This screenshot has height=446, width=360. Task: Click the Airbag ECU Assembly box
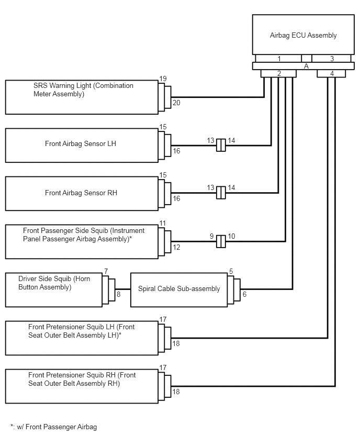[x=303, y=35]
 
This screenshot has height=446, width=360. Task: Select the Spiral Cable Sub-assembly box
[x=179, y=290]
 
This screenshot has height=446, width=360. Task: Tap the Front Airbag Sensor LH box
[x=82, y=146]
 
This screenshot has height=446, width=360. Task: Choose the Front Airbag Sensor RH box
[x=82, y=193]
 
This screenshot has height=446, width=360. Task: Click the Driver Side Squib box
[x=54, y=290]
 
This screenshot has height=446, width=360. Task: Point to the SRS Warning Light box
[x=82, y=97]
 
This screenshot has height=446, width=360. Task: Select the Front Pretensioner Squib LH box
[x=82, y=338]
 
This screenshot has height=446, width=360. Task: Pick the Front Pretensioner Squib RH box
[x=82, y=386]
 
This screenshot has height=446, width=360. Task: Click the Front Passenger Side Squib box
[x=82, y=242]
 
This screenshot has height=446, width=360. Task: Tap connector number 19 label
[x=163, y=79]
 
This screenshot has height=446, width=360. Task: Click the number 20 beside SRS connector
[x=176, y=103]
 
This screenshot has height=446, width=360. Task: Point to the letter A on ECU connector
[x=306, y=66]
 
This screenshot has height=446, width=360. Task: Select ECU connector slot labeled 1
[x=278, y=58]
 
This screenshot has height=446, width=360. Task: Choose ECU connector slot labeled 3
[x=331, y=58]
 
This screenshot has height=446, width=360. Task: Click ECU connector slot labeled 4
[x=331, y=73]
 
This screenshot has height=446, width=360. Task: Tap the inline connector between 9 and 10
[x=221, y=241]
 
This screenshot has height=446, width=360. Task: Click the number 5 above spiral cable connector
[x=231, y=271]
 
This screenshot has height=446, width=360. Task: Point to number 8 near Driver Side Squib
[x=119, y=294]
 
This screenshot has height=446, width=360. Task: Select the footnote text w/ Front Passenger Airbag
[x=57, y=427]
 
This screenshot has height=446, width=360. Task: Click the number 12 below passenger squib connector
[x=176, y=247]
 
